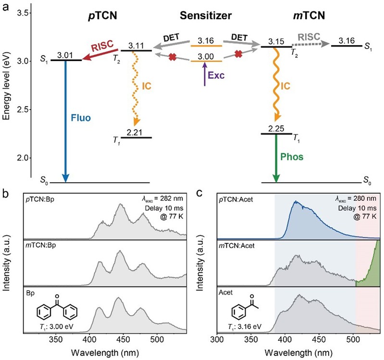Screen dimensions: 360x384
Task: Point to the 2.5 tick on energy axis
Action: (x=23, y=110)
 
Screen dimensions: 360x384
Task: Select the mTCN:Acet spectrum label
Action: (x=238, y=245)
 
